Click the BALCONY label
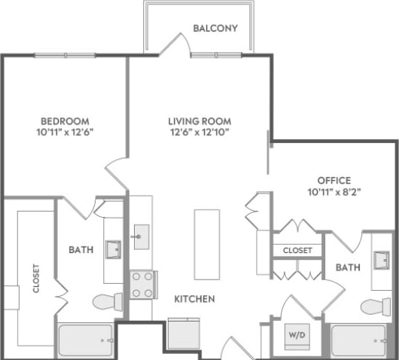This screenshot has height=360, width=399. click(x=215, y=29)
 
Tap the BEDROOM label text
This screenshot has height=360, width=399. click(x=65, y=121)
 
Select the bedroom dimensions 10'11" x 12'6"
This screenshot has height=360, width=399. click(x=65, y=132)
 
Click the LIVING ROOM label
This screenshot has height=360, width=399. click(x=199, y=121)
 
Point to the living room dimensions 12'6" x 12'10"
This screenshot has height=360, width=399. click(x=199, y=132)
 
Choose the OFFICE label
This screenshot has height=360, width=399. click(x=334, y=181)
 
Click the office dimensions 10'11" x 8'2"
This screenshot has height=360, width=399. click(x=334, y=191)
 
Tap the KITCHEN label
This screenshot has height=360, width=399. click(x=194, y=299)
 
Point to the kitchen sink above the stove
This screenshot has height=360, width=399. click(x=140, y=236)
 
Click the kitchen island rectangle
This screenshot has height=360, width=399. click(x=206, y=244)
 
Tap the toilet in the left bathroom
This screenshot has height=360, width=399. click(x=108, y=302)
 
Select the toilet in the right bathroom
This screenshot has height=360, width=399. click(x=376, y=306)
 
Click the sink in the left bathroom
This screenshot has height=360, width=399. click(x=113, y=249)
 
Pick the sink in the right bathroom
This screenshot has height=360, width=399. click(x=382, y=261)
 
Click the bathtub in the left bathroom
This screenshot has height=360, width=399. click(x=86, y=340)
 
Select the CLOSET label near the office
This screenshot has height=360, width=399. click(x=297, y=250)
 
